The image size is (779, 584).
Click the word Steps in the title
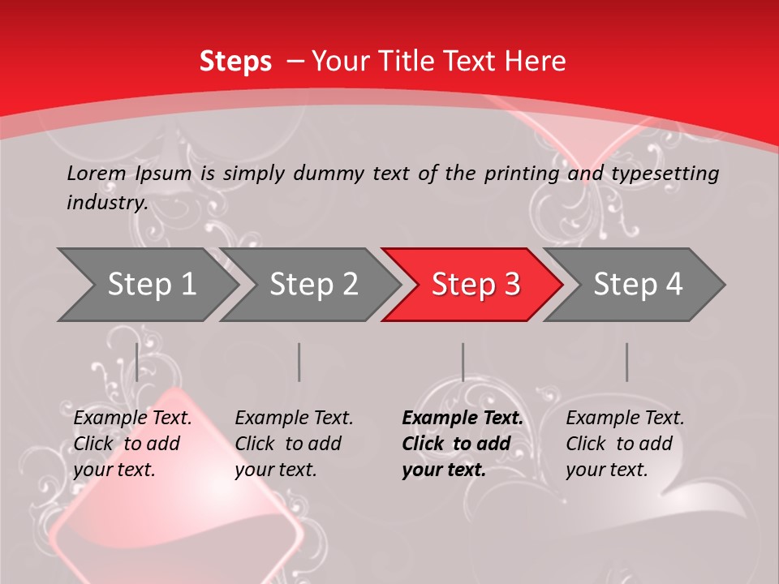click(235, 62)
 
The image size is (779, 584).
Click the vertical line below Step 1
click(137, 362)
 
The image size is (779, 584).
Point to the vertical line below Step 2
click(299, 362)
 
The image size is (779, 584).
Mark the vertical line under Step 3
click(463, 362)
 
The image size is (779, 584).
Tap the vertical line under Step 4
click(626, 362)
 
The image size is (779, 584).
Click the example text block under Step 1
click(132, 444)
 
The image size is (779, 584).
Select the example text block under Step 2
click(294, 444)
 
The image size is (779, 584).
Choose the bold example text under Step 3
click(463, 444)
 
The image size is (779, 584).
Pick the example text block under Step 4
click(625, 444)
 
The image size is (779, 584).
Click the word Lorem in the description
click(97, 173)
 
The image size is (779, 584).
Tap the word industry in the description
click(107, 202)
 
